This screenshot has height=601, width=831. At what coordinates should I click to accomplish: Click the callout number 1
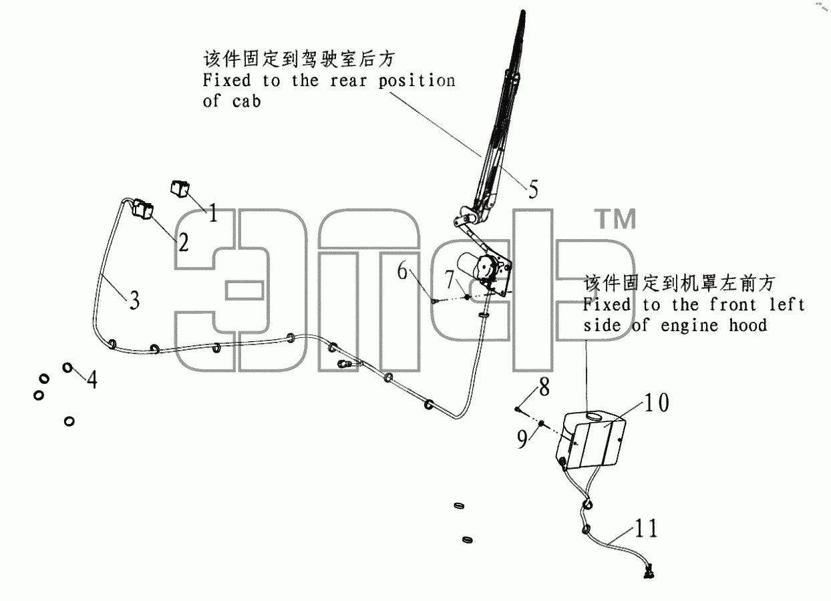pos(213,213)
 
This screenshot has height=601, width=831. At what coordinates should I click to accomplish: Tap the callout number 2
pos(183,243)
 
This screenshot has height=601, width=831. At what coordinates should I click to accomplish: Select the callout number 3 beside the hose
pos(134,300)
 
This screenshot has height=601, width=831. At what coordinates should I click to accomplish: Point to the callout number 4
pos(92,379)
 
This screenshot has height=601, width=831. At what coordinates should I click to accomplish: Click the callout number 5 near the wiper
pos(533,189)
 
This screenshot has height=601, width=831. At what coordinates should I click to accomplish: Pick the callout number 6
pos(403,270)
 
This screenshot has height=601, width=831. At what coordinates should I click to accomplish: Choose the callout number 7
pos(450,279)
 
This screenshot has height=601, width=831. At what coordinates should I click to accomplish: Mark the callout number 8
pos(544,387)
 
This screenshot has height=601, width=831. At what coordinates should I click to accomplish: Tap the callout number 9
pos(522,439)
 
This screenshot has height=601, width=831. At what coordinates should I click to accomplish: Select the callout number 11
pos(646,528)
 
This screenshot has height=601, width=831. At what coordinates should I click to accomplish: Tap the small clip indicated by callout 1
pos(180,189)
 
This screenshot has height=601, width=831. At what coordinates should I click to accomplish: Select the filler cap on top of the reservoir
pos(595,416)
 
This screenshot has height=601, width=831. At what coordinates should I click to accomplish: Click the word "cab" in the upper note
pos(246,102)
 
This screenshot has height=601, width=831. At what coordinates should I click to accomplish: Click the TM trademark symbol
pos(615,219)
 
